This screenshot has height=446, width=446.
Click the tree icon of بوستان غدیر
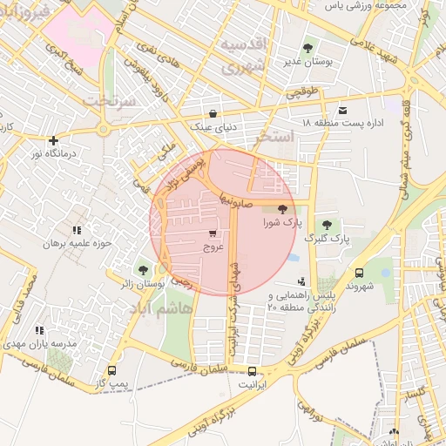(x=307, y=48)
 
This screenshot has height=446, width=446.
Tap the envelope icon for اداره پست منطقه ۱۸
(x=343, y=110)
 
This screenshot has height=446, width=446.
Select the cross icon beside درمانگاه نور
(x=54, y=139)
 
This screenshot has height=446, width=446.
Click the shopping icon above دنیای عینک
(x=213, y=113)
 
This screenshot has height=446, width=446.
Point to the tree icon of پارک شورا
(x=282, y=209)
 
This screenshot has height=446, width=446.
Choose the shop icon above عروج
(x=213, y=233)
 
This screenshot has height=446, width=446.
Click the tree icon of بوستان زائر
(x=144, y=270)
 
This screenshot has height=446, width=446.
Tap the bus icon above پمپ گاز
(x=111, y=369)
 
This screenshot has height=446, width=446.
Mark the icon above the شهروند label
(x=360, y=271)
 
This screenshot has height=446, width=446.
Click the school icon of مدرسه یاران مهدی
(x=39, y=330)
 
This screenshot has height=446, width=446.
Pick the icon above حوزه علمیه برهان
(x=77, y=230)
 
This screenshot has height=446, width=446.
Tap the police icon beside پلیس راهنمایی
(x=301, y=281)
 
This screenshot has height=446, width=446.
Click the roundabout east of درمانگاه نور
(x=104, y=130)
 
